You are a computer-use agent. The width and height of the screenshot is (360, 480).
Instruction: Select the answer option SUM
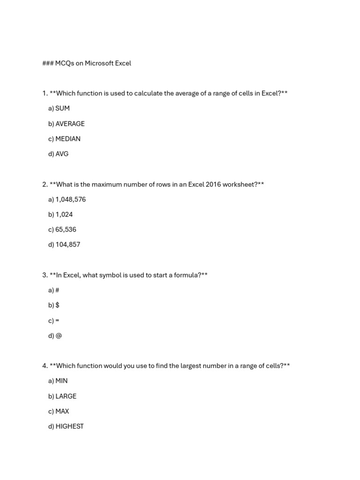[x=62, y=108]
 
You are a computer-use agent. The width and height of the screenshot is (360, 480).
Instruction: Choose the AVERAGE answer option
[x=70, y=124]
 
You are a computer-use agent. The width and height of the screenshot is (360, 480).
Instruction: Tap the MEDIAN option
[x=68, y=139]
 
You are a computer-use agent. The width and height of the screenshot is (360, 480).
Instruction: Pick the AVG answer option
[x=62, y=154]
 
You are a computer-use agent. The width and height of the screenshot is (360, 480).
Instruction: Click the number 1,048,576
[x=70, y=199]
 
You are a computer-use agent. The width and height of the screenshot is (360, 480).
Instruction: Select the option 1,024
[x=64, y=214]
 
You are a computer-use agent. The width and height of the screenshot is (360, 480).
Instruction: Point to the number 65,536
[x=66, y=229]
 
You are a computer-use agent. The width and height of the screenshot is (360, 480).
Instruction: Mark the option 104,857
[x=68, y=244]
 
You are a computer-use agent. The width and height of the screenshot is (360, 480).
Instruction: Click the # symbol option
[x=57, y=290]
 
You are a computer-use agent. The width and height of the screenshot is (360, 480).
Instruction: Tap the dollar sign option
[x=57, y=305]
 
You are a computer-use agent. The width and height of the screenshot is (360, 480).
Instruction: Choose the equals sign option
[x=57, y=321]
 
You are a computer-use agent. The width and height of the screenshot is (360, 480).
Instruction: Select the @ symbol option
[x=59, y=336]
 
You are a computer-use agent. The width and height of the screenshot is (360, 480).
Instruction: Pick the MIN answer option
[x=61, y=381]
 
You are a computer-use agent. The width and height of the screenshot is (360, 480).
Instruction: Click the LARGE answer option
[x=66, y=396]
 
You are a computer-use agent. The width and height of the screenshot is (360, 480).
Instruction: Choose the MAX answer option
[x=62, y=411]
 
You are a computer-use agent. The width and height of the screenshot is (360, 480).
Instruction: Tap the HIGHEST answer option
[x=69, y=426]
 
